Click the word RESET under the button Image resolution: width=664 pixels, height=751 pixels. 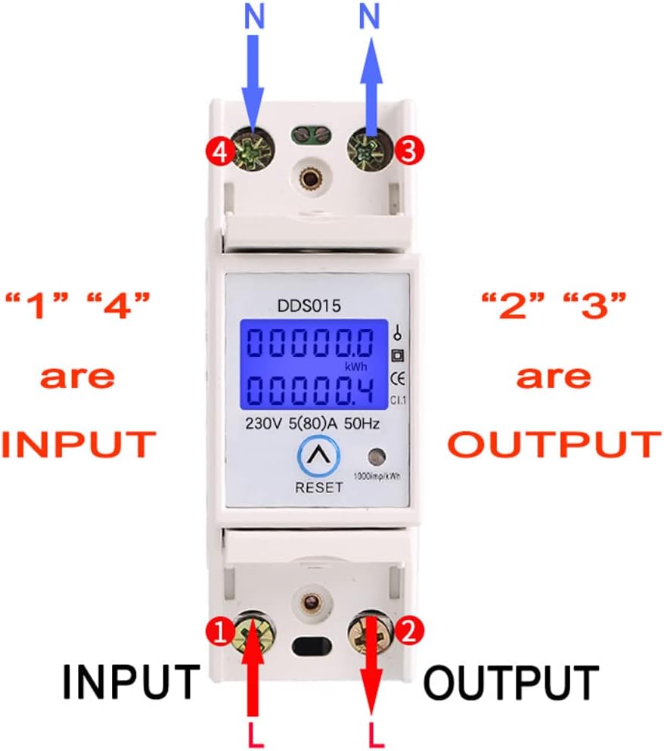coord(318,488)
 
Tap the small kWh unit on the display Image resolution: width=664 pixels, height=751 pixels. coord(356,367)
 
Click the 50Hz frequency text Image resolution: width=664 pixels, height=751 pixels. coord(358,424)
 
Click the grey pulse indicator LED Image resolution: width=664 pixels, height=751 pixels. coord(375,457)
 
